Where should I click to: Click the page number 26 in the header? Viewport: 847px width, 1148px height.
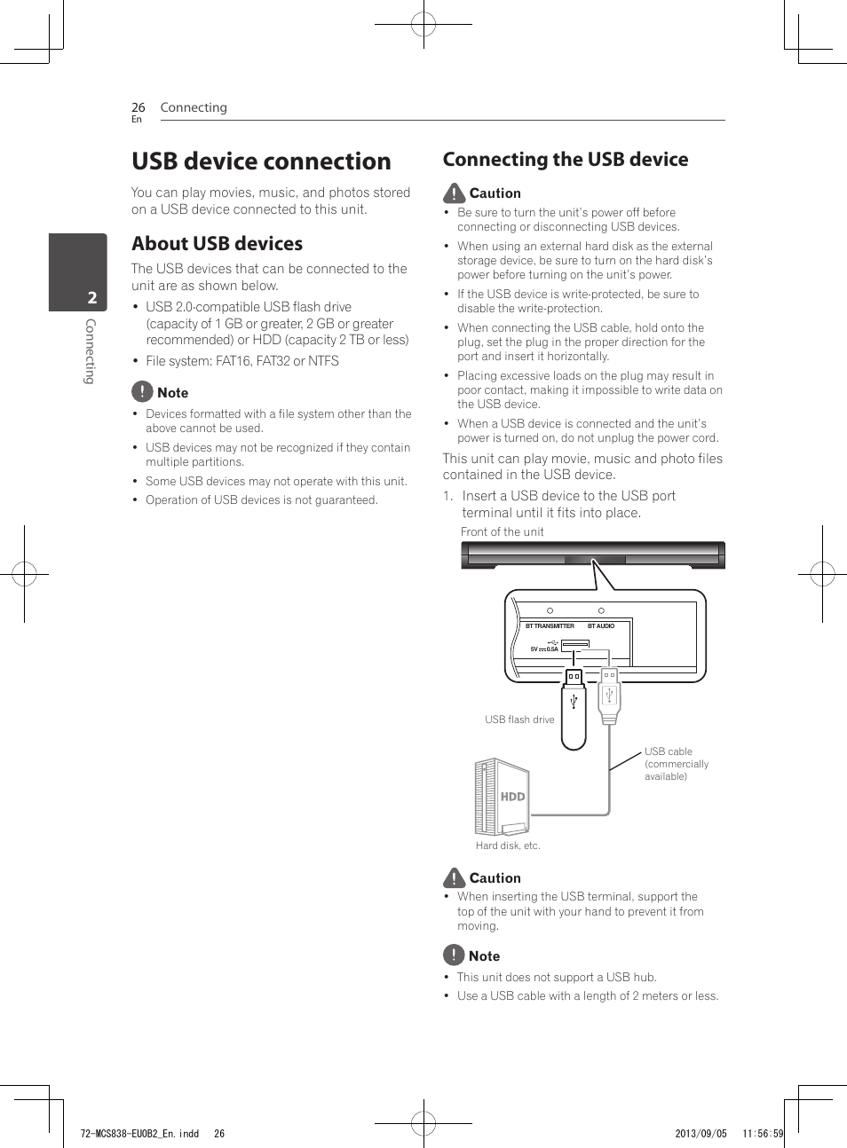138,107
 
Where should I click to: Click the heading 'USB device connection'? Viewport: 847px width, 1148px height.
261,161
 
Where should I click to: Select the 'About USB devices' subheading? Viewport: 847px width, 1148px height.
217,244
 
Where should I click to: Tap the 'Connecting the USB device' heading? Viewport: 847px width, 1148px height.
566,160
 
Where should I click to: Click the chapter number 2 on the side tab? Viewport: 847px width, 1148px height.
91,298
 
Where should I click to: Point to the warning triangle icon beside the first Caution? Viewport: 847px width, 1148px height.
454,193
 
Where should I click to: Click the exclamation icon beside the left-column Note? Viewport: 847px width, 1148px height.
142,391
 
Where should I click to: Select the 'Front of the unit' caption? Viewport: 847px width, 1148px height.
502,532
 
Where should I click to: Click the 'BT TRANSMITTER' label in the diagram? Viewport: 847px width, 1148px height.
550,626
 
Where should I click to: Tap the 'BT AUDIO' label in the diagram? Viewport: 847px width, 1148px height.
601,626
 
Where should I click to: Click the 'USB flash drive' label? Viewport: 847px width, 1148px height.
519,719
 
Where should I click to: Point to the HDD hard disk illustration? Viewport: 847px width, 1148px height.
502,797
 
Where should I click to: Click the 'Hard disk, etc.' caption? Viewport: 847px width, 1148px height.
507,845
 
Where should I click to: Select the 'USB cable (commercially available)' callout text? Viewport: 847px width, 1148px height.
676,764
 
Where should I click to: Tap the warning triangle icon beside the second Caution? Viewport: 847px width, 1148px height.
454,877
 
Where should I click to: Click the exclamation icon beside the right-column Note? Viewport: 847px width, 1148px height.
453,955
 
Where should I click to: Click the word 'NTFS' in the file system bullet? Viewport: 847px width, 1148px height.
323,361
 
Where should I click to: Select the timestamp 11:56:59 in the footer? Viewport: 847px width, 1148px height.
763,1134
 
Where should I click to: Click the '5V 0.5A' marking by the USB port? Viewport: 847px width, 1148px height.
544,649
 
